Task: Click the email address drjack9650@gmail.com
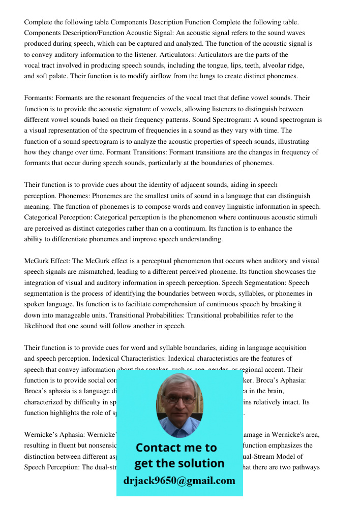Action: point(179,481)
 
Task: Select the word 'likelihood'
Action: point(41,326)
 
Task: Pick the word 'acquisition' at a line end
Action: point(289,348)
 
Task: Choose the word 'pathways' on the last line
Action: point(307,467)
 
